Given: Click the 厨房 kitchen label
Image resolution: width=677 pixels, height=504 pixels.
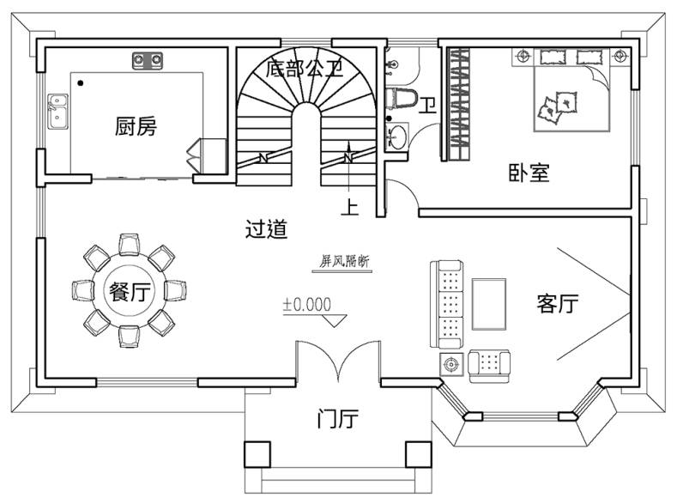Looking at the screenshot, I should [x=136, y=127].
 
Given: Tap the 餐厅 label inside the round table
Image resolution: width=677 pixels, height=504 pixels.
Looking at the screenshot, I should [x=129, y=292].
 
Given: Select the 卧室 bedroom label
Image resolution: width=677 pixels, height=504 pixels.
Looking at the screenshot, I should [x=529, y=173].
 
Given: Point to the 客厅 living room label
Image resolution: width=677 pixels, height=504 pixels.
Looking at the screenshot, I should [x=557, y=304].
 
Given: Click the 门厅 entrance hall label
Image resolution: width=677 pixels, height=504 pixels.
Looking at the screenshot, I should [x=337, y=420].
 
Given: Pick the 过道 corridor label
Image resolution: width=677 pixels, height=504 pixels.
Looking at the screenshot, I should [x=266, y=230].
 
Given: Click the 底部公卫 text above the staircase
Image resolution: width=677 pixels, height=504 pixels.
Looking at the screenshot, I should [x=305, y=69].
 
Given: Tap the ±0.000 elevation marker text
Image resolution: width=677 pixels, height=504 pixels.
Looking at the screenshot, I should [x=306, y=304].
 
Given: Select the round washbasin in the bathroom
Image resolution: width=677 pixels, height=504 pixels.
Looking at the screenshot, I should [x=398, y=137].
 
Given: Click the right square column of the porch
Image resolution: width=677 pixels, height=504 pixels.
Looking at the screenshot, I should [x=418, y=453].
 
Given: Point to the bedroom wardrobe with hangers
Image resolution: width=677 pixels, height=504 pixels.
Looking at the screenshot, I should [x=458, y=105].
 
